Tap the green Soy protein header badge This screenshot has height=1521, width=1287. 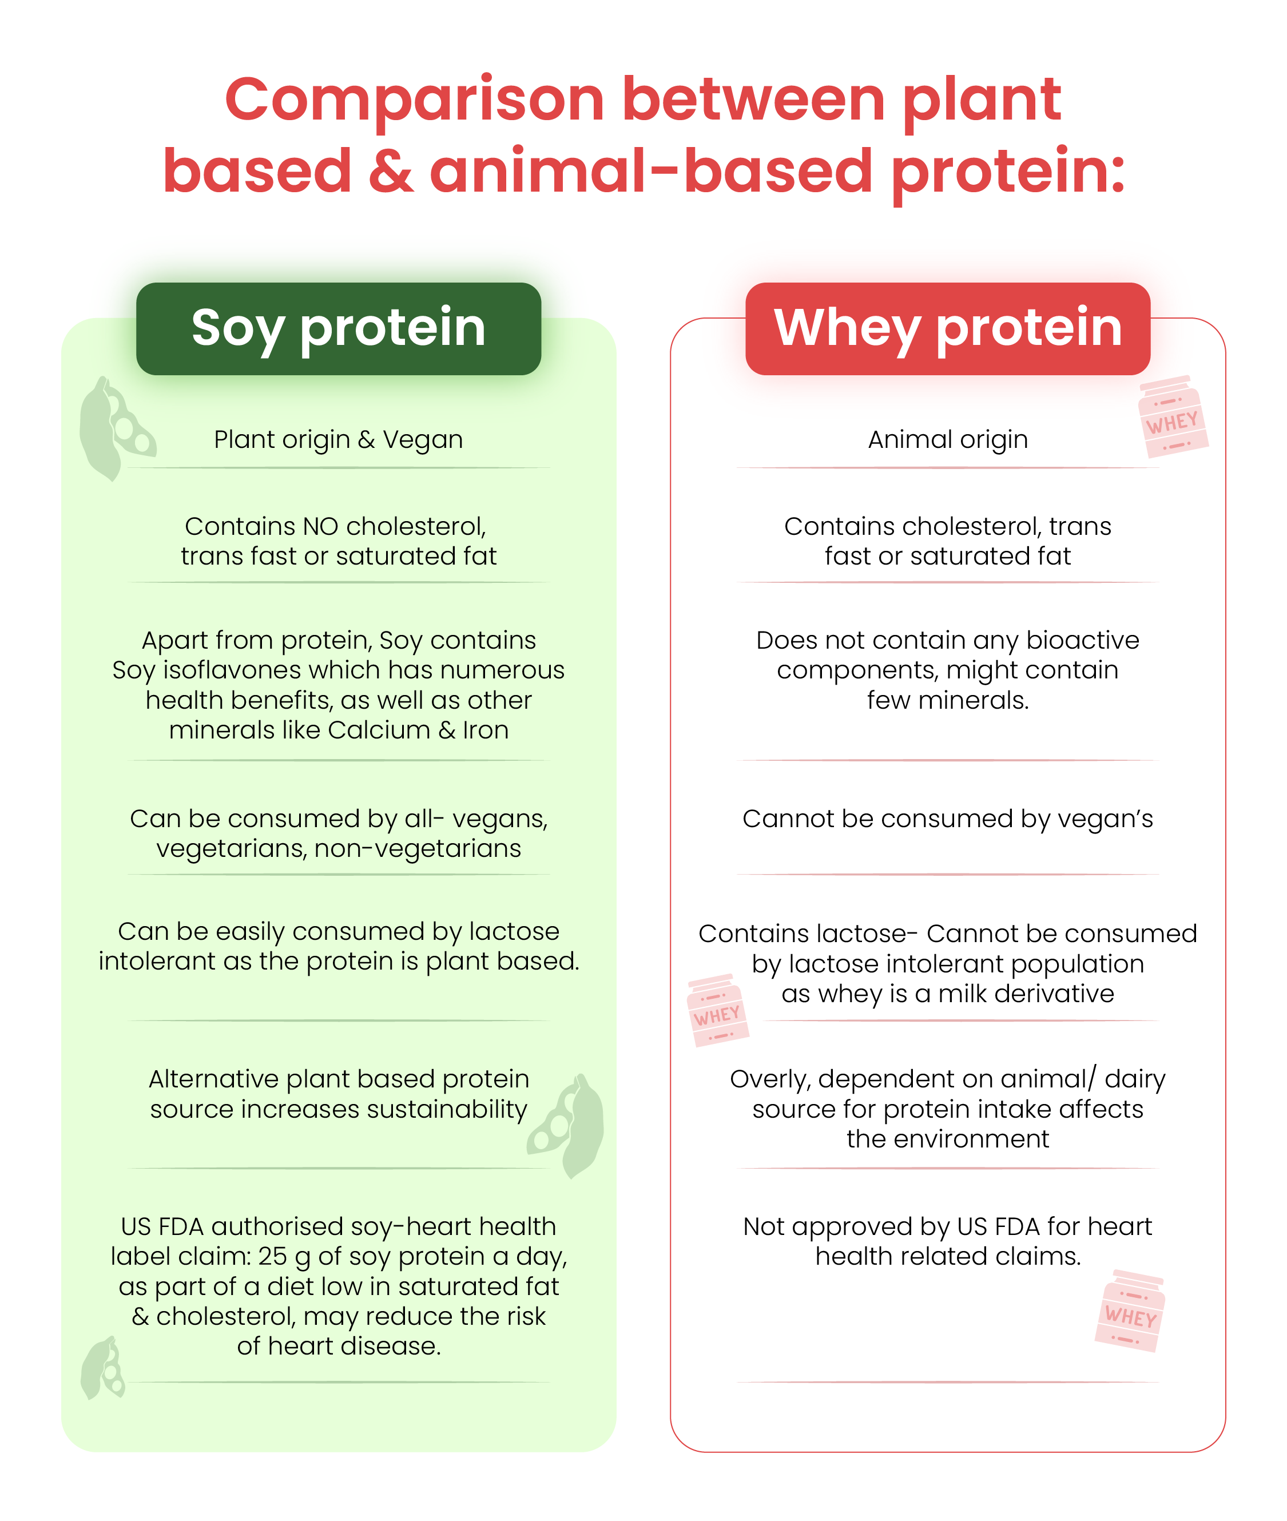click(x=339, y=329)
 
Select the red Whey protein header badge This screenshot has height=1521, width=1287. click(x=948, y=329)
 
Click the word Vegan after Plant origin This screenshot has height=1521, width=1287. click(x=423, y=440)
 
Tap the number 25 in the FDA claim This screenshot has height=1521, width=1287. click(x=273, y=1256)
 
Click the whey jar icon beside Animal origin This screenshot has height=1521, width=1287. click(x=1173, y=416)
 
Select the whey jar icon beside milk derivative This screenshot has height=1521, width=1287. click(x=718, y=1010)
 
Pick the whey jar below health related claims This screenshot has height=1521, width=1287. click(x=1129, y=1311)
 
